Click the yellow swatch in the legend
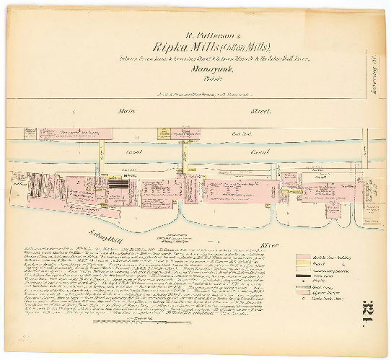coord(304,264)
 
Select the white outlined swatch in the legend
coord(304,271)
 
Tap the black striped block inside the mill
coord(119,184)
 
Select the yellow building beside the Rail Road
coord(165,133)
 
